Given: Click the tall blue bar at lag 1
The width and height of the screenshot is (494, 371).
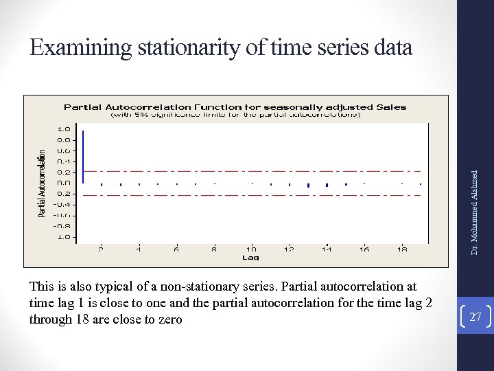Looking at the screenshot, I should point(83,157).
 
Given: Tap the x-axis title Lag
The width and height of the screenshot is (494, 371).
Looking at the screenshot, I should point(250,258).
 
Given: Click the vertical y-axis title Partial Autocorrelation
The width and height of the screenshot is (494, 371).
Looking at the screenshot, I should point(42,183).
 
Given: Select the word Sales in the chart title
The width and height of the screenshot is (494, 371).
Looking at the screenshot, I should point(392,106).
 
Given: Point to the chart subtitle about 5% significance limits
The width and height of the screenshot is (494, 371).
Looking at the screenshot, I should point(236,115).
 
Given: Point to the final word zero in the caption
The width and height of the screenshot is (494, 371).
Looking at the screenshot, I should point(169,319).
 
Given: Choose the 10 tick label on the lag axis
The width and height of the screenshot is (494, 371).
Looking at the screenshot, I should point(252,249).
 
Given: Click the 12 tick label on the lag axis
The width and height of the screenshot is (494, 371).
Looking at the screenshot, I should point(290,249).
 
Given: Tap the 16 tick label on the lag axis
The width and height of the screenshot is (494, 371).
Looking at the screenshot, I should point(364,249).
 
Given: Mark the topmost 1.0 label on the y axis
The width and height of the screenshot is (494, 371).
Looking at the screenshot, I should point(63,128).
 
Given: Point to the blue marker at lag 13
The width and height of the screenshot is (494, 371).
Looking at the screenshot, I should point(309,185).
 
